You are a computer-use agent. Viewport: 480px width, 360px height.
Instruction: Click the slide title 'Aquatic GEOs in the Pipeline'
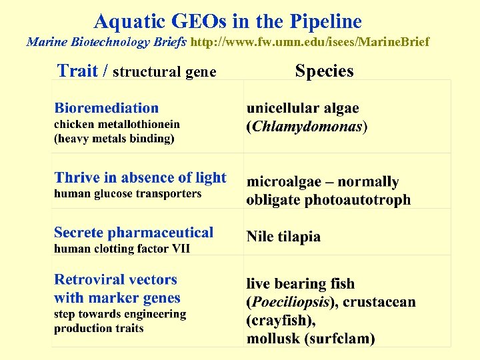(x=227, y=21)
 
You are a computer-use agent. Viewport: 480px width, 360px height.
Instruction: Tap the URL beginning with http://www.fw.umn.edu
(x=310, y=42)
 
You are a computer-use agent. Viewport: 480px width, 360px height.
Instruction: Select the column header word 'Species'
(x=324, y=71)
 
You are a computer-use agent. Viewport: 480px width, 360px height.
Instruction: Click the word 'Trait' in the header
(x=78, y=71)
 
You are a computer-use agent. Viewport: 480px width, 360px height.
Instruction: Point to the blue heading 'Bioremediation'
(x=107, y=108)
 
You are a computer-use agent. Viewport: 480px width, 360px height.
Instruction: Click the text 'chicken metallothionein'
(x=117, y=124)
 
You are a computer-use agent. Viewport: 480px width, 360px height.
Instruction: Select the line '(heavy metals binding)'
(x=114, y=138)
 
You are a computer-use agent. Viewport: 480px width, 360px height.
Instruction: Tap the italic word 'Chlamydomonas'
(x=307, y=126)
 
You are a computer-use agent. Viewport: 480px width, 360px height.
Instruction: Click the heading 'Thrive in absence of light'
(x=140, y=177)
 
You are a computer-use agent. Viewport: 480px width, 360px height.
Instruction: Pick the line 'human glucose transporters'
(x=127, y=193)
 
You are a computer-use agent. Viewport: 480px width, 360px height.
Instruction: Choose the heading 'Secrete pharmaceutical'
(x=133, y=233)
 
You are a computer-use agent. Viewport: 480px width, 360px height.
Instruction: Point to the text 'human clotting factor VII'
(x=122, y=248)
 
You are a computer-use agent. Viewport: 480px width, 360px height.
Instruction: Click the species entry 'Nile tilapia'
(x=283, y=237)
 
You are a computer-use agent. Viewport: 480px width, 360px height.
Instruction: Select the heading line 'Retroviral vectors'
(x=115, y=280)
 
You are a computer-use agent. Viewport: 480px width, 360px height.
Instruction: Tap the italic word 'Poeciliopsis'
(x=290, y=302)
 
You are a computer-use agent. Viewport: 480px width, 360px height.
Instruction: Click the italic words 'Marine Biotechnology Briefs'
(x=107, y=42)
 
